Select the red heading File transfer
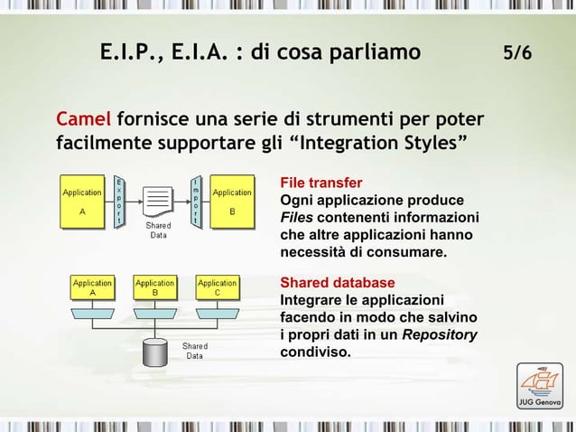[x=321, y=182]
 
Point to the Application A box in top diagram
[x=82, y=202]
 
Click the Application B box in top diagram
[x=232, y=202]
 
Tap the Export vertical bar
[x=119, y=202]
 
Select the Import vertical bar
[x=195, y=202]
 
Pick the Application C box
[x=218, y=287]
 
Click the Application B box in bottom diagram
[x=154, y=287]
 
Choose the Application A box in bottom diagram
[x=91, y=287]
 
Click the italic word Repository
[x=440, y=335]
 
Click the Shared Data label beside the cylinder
[x=195, y=350]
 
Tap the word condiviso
[x=315, y=352]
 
